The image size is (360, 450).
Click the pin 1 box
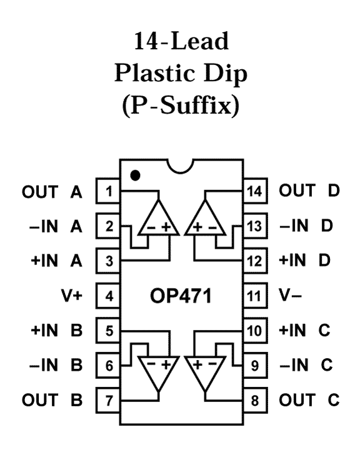pyautogui.click(x=107, y=191)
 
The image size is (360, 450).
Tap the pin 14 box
pyautogui.click(x=256, y=191)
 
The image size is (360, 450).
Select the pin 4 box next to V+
pyautogui.click(x=107, y=296)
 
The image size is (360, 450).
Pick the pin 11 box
pyautogui.click(x=256, y=296)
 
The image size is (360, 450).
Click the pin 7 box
pyautogui.click(x=107, y=400)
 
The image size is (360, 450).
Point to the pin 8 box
pyautogui.click(x=256, y=400)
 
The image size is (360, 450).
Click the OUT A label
pyautogui.click(x=52, y=192)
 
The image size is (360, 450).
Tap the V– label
pyautogui.click(x=290, y=295)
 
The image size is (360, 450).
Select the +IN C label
pyautogui.click(x=304, y=330)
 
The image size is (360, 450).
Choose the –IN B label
pyautogui.click(x=56, y=365)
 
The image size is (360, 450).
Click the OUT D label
pyautogui.click(x=309, y=190)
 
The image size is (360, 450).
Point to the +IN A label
pyautogui.click(x=56, y=261)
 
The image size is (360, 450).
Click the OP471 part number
pyautogui.click(x=181, y=296)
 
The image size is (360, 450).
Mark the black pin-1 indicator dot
pyautogui.click(x=135, y=175)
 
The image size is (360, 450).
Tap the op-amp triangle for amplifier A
pyautogui.click(x=159, y=222)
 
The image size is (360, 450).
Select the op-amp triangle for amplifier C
pyautogui.click(x=205, y=370)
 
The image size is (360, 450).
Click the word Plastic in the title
pyautogui.click(x=155, y=74)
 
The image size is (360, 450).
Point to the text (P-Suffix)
pyautogui.click(x=181, y=106)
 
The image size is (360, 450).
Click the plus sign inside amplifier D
pyautogui.click(x=197, y=227)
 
